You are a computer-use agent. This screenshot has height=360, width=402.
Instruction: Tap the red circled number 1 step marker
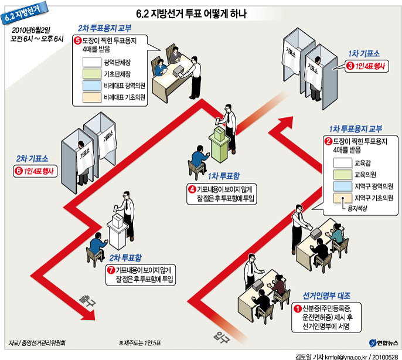coord(297,307)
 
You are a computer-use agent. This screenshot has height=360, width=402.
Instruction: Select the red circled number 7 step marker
coord(111,270)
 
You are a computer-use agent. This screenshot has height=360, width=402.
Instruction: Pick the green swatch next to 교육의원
coord(341,174)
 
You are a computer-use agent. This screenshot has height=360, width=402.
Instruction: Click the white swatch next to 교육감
coord(341,162)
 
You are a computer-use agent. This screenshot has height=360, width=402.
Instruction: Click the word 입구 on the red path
coord(222,337)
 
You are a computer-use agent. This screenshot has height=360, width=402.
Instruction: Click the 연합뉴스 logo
coord(383,342)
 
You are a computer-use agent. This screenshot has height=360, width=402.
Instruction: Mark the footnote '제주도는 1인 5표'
coord(144,342)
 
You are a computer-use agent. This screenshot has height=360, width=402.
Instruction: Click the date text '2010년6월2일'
coord(31,28)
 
